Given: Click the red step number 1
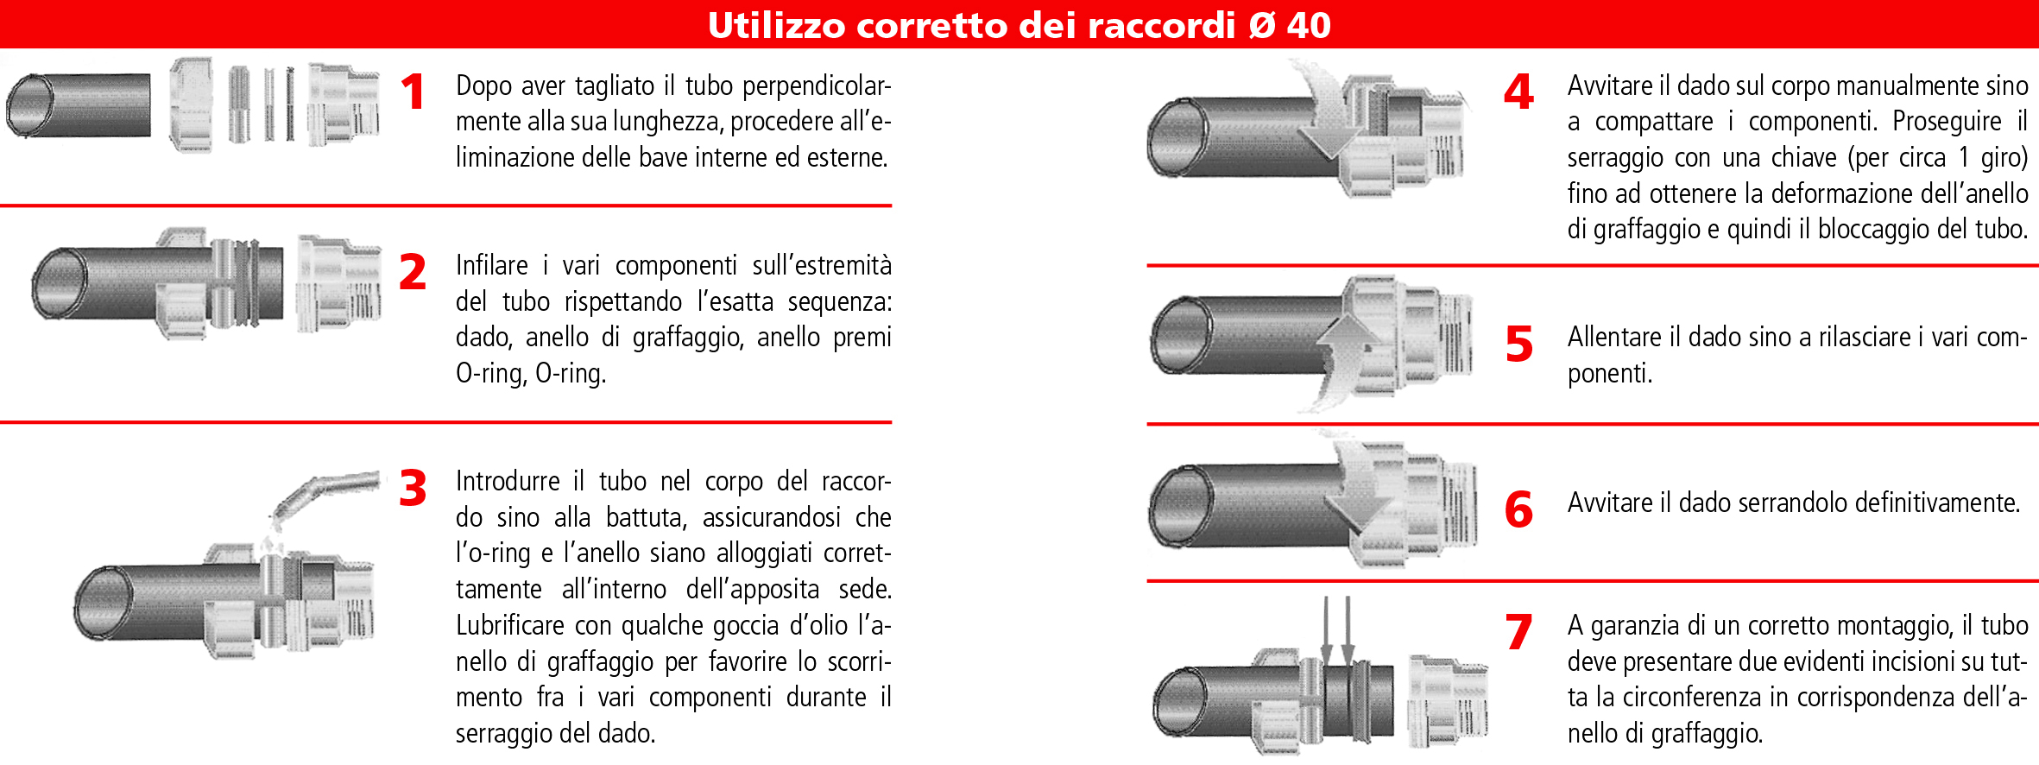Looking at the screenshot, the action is click(x=413, y=92).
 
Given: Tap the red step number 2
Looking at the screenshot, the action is click(x=413, y=272).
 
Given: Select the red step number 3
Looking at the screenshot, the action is click(x=413, y=488).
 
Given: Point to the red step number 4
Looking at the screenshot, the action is click(x=1518, y=92).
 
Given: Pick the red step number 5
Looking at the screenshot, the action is click(x=1519, y=345).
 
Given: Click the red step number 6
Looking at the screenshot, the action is click(x=1519, y=509).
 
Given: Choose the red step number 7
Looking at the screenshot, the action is click(x=1519, y=632).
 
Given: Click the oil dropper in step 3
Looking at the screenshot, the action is click(x=324, y=496).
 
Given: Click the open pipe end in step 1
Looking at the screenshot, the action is click(x=29, y=105).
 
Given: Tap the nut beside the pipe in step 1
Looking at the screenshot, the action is click(x=192, y=104).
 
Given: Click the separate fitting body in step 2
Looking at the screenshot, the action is click(x=339, y=283).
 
